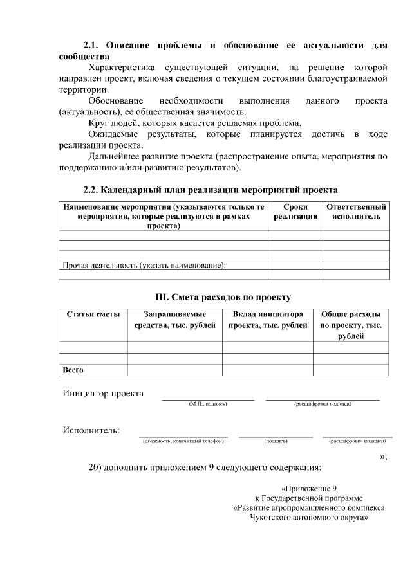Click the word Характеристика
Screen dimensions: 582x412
point(125,67)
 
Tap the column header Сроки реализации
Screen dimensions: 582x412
point(295,212)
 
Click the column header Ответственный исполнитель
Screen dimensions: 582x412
point(356,212)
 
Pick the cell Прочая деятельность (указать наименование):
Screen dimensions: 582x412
point(147,265)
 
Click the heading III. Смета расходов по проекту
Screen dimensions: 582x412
point(223,297)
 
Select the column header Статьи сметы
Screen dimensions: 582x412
point(93,314)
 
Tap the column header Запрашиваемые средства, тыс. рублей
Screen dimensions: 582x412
point(174,320)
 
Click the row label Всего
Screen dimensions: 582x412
point(73,370)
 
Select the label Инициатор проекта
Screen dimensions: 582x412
point(103,393)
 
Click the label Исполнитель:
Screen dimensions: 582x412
point(91,430)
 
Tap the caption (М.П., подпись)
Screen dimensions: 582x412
point(208,405)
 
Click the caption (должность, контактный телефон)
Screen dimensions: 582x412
point(183,442)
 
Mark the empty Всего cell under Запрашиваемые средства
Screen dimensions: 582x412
point(174,370)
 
